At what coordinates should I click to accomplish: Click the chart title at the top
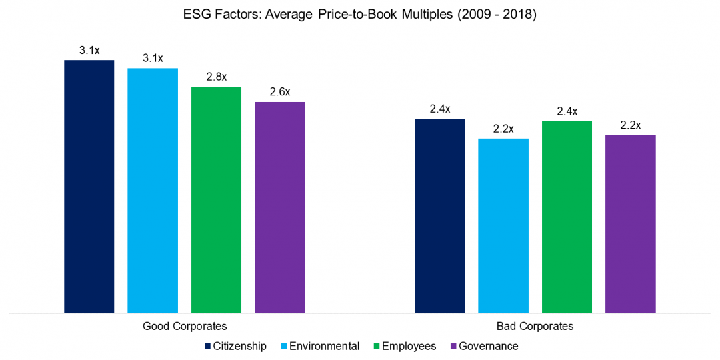coord(360,15)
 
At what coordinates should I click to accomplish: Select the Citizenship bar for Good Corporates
coord(89,187)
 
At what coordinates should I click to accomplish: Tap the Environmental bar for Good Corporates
coord(153,191)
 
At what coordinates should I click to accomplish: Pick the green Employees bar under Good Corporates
coord(216,200)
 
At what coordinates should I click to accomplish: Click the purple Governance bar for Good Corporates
coord(280,207)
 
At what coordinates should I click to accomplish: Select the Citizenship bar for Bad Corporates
coord(439,216)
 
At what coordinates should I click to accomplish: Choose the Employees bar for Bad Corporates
coord(567,217)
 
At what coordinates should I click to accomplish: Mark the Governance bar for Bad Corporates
coord(630,224)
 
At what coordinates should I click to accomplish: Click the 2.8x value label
coord(216,77)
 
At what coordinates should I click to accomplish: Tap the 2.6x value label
coord(280,92)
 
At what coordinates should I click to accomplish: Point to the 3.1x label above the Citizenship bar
coord(89,50)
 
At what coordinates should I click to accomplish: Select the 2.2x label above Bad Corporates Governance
coord(630,125)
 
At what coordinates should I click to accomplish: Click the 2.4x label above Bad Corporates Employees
coord(567,111)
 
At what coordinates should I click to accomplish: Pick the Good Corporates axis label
coord(185,327)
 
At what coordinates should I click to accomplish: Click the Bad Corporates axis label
coord(535,327)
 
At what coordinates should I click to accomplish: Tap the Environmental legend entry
coord(319,346)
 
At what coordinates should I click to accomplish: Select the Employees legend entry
coord(403,346)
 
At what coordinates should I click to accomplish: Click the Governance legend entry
coord(483,346)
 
